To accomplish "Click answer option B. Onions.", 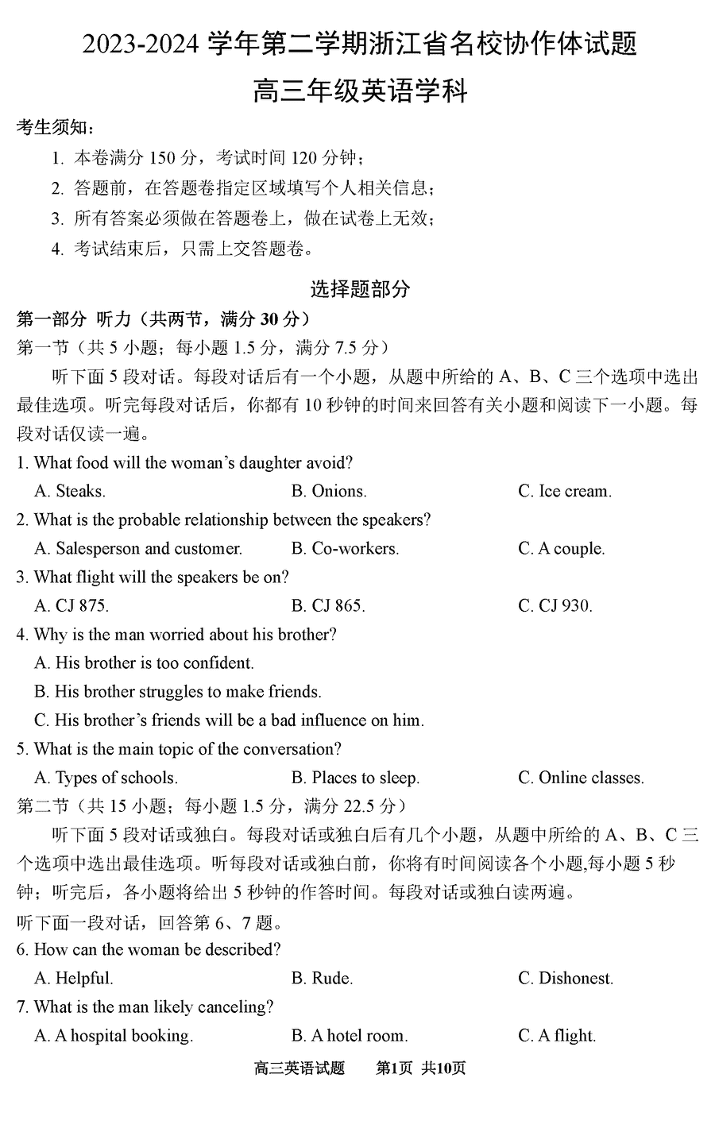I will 329,491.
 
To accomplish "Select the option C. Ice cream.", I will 565,491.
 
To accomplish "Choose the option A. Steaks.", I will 70,491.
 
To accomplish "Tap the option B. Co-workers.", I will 345,548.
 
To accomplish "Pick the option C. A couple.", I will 561,548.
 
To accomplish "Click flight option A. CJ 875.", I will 71,605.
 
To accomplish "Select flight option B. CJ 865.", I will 328,605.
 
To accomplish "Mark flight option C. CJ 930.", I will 555,605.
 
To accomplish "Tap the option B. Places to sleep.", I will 355,778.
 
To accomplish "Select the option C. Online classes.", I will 581,778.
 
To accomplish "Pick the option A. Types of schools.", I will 106,778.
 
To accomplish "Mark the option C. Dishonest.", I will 566,978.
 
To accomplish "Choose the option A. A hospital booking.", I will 114,1036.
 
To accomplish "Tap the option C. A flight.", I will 557,1036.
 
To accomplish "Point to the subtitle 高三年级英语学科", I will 360,91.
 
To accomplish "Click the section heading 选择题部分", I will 360,289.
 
